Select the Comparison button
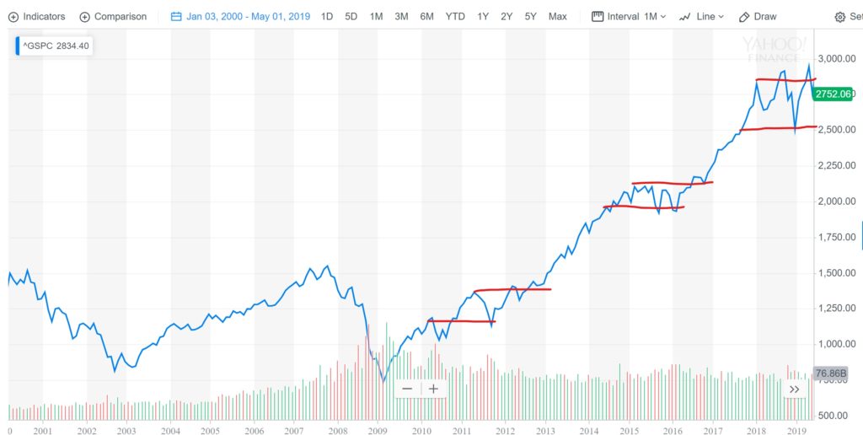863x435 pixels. pyautogui.click(x=113, y=17)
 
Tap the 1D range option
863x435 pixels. pyautogui.click(x=327, y=17)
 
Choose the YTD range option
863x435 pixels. pyautogui.click(x=455, y=17)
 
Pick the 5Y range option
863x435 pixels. pyautogui.click(x=530, y=17)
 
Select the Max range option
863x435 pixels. pyautogui.click(x=557, y=17)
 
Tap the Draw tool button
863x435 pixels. pyautogui.click(x=758, y=17)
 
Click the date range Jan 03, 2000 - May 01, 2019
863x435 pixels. pyautogui.click(x=240, y=17)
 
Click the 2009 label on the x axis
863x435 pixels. pyautogui.click(x=378, y=430)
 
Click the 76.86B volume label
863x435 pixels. pyautogui.click(x=831, y=373)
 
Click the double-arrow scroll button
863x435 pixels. pyautogui.click(x=794, y=389)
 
